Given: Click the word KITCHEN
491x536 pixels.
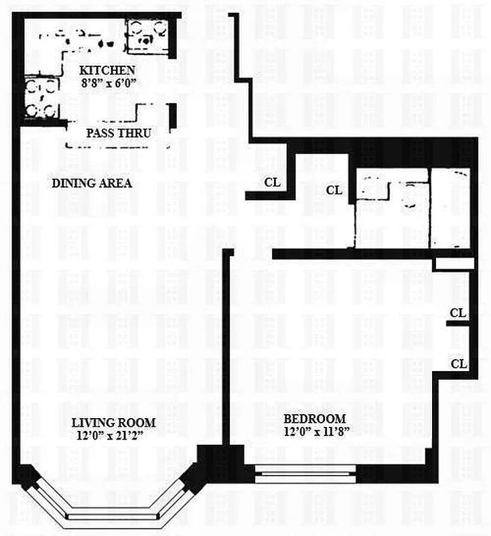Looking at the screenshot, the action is (x=107, y=70).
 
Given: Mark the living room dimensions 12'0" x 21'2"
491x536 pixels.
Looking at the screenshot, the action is (x=110, y=436).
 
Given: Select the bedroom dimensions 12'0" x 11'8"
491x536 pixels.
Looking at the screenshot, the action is (x=317, y=431).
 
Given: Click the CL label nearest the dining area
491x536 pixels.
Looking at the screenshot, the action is (x=273, y=182).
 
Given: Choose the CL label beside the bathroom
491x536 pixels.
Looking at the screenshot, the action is (x=334, y=190).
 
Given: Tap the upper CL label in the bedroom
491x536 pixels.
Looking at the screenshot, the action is (x=458, y=313).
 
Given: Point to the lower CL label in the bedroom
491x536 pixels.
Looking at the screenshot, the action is (x=459, y=364).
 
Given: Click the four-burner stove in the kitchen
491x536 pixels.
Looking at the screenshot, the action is (x=42, y=97).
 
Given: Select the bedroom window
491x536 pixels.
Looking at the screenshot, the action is (x=305, y=474).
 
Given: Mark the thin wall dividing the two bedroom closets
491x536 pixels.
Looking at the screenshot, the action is (x=458, y=324).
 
